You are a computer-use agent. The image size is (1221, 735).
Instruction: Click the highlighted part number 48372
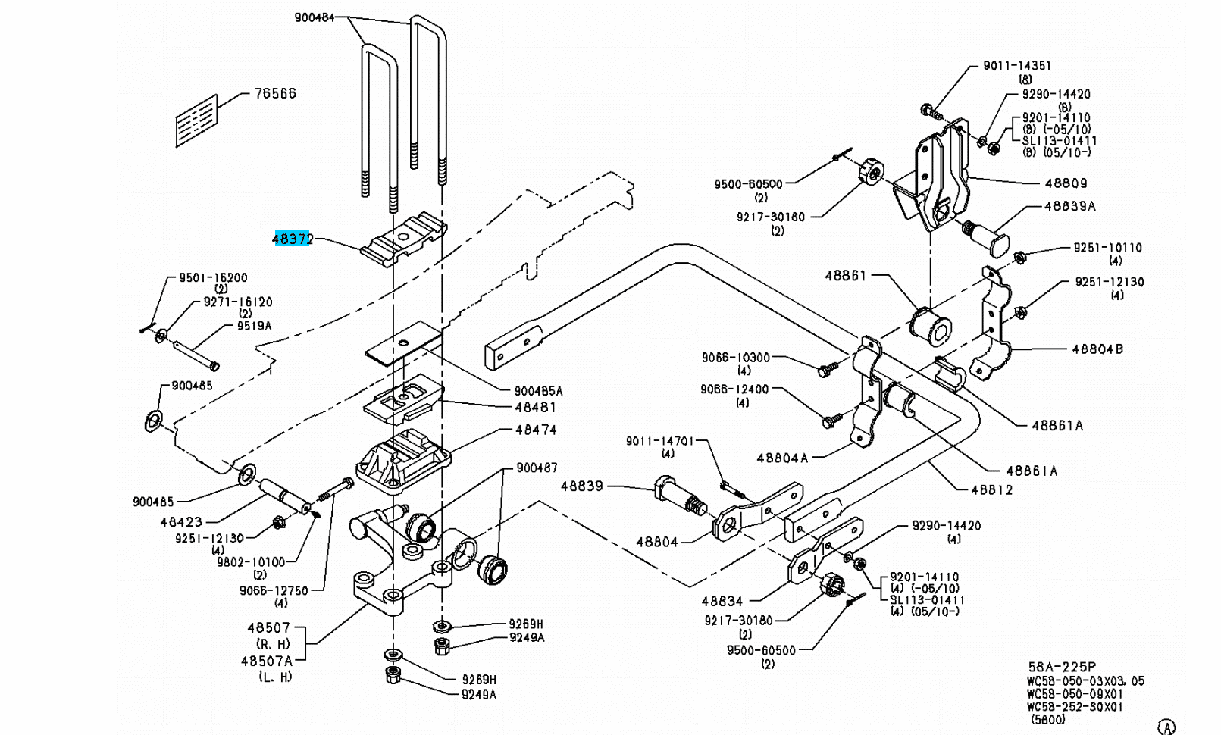(x=293, y=239)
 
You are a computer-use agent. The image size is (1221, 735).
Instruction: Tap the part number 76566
(x=275, y=93)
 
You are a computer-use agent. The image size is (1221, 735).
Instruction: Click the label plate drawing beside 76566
(x=197, y=120)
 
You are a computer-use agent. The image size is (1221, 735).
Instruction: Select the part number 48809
(x=1066, y=183)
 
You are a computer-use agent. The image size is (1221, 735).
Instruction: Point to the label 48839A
(x=1069, y=206)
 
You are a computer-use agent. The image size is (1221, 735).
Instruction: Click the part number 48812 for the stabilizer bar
(x=991, y=490)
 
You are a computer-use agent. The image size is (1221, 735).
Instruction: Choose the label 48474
(x=536, y=430)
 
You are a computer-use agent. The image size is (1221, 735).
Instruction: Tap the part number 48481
(x=535, y=408)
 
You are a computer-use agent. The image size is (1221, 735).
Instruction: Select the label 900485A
(x=538, y=391)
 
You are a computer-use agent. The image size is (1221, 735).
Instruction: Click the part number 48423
(x=181, y=522)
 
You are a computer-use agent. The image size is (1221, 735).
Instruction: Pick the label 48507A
(x=267, y=661)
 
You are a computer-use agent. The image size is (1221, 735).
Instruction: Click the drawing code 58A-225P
(x=1061, y=668)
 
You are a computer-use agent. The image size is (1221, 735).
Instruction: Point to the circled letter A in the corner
(x=1167, y=727)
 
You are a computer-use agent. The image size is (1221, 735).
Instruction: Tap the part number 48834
(x=722, y=601)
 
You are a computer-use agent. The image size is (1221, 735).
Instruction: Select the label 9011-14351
(x=1017, y=66)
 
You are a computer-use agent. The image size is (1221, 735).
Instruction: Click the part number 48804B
(x=1097, y=349)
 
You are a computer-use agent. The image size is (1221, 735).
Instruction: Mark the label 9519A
(x=254, y=326)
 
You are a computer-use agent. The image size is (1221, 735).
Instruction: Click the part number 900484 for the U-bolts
(x=315, y=17)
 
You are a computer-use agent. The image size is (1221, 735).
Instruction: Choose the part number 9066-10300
(x=735, y=358)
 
